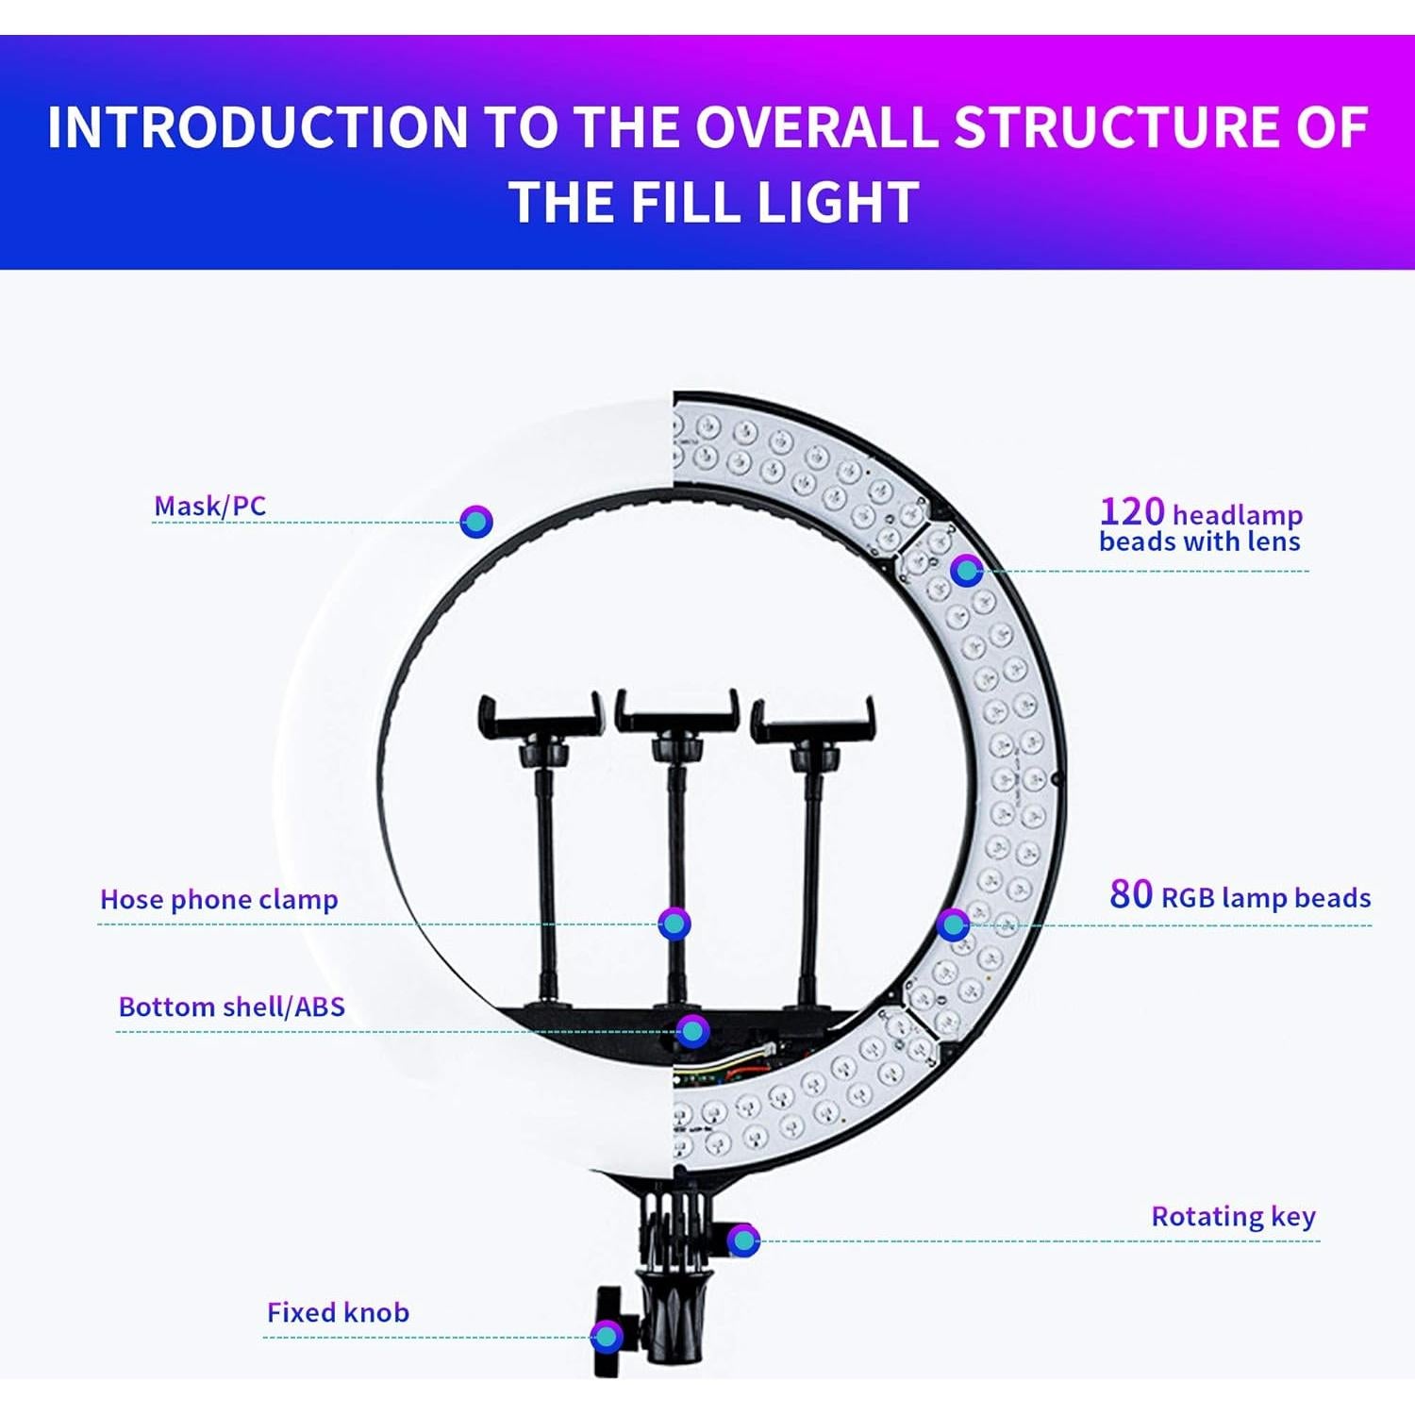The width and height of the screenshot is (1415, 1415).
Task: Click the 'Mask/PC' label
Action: tap(209, 507)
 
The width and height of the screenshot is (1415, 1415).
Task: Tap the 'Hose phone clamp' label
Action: tap(219, 900)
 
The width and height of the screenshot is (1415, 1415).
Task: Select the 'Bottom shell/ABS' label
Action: tap(231, 1007)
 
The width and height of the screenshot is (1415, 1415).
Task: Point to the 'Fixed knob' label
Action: tap(338, 1313)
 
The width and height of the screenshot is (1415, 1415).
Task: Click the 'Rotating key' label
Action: tap(1233, 1217)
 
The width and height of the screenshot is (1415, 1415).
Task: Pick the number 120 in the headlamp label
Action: tap(1132, 512)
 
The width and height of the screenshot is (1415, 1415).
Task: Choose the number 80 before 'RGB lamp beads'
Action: tap(1130, 894)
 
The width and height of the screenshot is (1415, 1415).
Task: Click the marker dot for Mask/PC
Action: tap(476, 521)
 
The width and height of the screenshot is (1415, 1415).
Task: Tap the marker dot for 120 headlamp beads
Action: tap(965, 570)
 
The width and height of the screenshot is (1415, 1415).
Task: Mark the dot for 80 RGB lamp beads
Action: tap(953, 924)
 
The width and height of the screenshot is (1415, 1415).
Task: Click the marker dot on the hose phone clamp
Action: tap(674, 924)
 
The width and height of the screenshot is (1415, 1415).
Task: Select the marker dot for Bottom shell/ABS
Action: tap(692, 1031)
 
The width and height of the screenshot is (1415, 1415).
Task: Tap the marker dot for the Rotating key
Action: tap(743, 1240)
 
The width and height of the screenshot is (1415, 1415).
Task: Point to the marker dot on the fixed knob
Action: tap(606, 1336)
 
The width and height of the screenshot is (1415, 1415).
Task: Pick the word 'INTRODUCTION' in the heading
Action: tap(258, 127)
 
